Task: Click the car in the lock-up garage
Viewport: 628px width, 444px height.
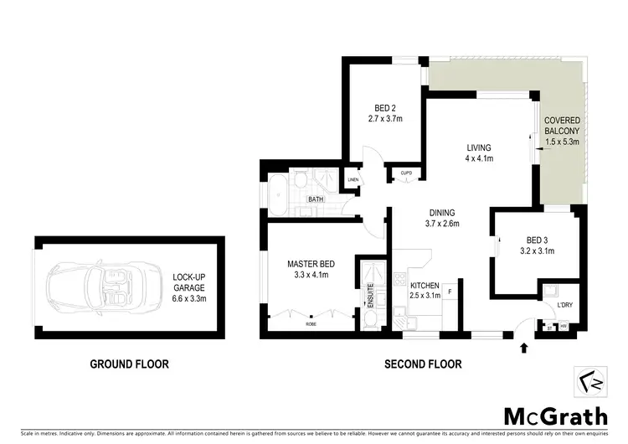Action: tap(95, 287)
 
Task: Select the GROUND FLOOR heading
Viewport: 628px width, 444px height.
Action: tap(130, 364)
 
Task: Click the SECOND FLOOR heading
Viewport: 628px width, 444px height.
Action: tap(422, 364)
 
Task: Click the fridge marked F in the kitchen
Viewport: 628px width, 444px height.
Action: tap(450, 292)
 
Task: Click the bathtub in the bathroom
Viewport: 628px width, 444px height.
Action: tap(277, 189)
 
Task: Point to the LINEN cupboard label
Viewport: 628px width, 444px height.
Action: tap(353, 180)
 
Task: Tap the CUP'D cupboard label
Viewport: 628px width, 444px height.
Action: tap(406, 173)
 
